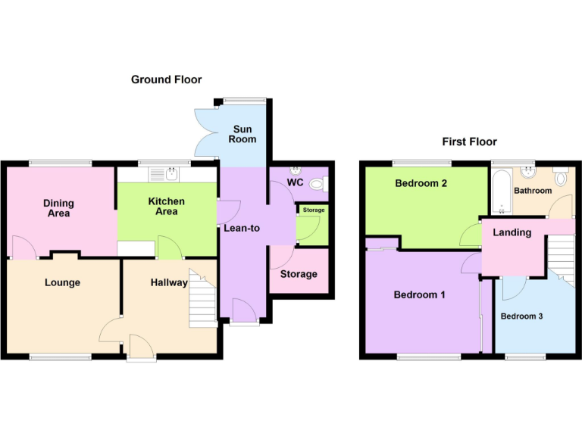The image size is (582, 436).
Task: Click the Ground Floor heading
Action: coord(166,79)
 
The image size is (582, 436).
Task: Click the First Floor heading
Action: coord(470,142)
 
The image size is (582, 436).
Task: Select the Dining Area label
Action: coord(58,208)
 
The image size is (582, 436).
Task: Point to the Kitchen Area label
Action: coord(166,206)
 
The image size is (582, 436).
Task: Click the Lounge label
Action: coord(62,282)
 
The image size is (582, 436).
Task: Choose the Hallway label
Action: coord(168,282)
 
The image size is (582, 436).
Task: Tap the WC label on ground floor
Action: coord(296,182)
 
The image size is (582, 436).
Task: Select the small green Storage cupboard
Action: coord(311,226)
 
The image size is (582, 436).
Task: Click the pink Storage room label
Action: coord(299,274)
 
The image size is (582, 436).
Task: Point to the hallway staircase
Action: coord(202,299)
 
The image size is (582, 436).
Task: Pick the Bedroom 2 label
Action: coord(421,183)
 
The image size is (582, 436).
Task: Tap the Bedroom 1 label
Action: coord(419,294)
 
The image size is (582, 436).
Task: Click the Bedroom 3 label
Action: coord(521,316)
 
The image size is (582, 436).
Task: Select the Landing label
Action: coord(512,232)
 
